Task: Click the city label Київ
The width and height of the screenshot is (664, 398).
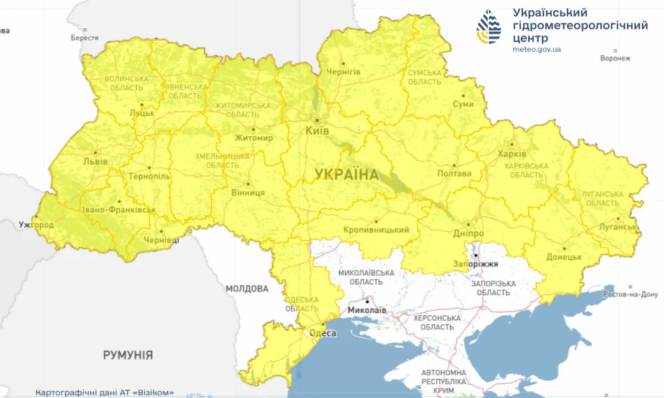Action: pos(318,131)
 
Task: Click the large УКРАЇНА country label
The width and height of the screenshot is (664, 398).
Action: pos(347,174)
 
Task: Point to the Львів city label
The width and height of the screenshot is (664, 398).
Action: pos(95,162)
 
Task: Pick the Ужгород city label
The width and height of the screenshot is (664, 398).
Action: pos(36,225)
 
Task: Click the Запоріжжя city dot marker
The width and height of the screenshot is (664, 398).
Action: pos(475,255)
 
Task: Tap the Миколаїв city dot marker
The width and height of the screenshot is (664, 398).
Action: pos(367,301)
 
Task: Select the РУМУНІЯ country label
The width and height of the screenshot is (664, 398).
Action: pos(128,355)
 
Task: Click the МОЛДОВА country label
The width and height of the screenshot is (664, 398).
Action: pos(247,289)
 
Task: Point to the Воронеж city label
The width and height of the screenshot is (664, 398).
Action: pos(615,58)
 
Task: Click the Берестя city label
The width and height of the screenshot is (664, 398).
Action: pos(84,38)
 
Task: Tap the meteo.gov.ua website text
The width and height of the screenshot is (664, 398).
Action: pos(537,49)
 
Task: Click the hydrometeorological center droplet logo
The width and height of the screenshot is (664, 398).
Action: pos(489,27)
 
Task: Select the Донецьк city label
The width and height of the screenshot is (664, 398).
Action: pos(564,257)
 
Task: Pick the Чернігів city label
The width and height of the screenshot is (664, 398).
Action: pos(343,72)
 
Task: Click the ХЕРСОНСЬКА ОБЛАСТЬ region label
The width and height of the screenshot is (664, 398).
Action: pos(437,322)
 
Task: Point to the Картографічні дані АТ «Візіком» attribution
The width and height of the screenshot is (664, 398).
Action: pos(105,393)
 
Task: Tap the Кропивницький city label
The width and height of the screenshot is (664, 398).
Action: pos(376,230)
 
